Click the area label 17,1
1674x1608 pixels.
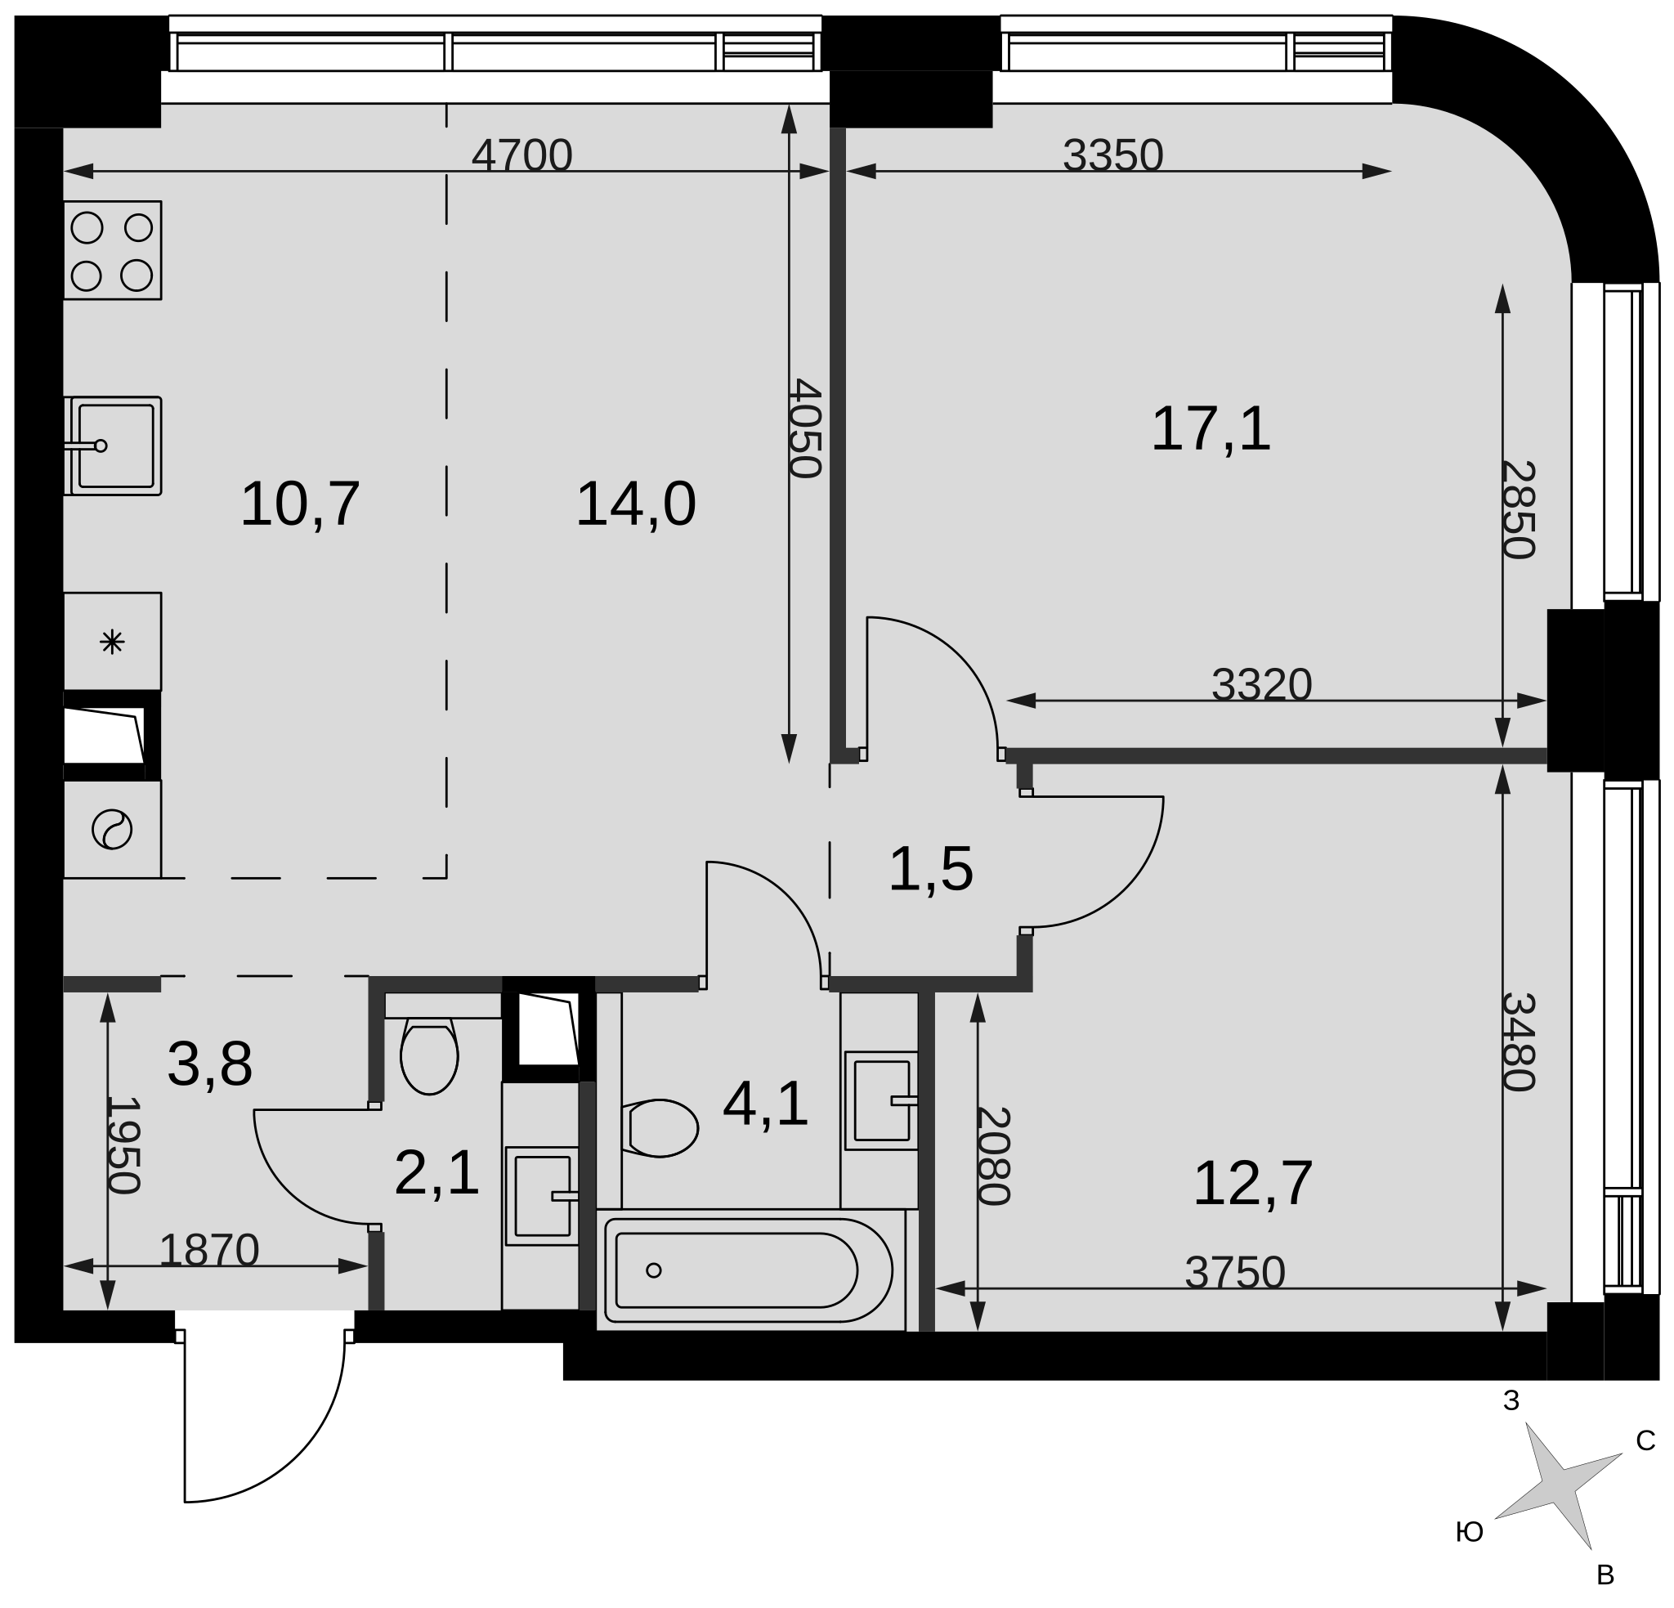coord(1211,429)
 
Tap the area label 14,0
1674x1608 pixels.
coord(635,504)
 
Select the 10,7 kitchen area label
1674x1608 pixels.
coord(300,504)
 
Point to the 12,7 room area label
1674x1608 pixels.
coord(1252,1184)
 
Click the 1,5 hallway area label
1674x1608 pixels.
coord(930,870)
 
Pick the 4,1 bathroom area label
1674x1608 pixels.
coord(765,1104)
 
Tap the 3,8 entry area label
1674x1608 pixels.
coord(209,1064)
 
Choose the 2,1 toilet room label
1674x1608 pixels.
coord(436,1173)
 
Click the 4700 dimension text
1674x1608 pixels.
coord(521,155)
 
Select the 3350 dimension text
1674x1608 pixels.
coord(1113,155)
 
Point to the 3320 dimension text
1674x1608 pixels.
coord(1261,684)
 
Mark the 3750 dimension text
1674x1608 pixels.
coord(1235,1272)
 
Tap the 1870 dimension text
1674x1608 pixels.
coord(209,1251)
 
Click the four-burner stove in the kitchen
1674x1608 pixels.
coord(113,250)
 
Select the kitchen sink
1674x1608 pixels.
coord(113,446)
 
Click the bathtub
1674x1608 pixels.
coord(749,1270)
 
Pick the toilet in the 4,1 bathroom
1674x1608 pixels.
coord(660,1128)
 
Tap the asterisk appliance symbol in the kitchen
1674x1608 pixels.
coord(113,642)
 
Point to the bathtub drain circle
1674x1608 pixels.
coord(653,1270)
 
